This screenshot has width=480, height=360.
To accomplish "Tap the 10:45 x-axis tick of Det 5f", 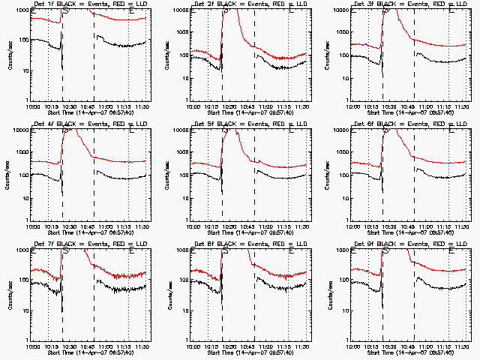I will click(x=255, y=227).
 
